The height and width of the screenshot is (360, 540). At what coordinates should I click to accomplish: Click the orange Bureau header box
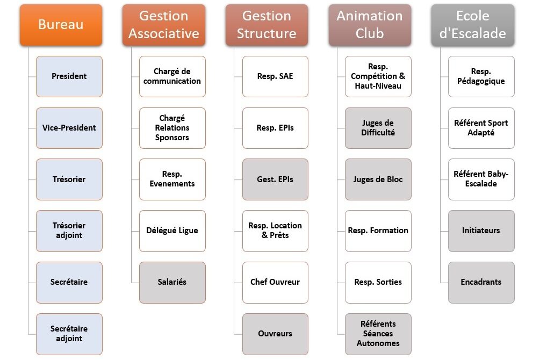(x=61, y=25)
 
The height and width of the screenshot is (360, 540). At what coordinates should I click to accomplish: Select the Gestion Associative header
(x=164, y=25)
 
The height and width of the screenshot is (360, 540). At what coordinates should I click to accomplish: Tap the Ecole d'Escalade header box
(x=473, y=25)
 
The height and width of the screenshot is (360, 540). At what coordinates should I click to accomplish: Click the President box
(x=69, y=76)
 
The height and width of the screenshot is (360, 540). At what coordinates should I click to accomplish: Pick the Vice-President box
(x=69, y=128)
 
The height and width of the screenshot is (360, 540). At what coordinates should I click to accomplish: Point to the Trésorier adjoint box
(x=69, y=231)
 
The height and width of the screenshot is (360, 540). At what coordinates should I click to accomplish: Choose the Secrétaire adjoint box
(x=69, y=334)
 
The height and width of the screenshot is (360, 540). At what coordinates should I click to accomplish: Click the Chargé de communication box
(x=172, y=76)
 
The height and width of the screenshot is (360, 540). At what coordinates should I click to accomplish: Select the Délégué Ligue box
(x=172, y=231)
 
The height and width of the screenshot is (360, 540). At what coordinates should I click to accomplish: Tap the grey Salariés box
(x=172, y=283)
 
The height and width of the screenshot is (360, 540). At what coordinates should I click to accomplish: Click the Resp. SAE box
(x=275, y=76)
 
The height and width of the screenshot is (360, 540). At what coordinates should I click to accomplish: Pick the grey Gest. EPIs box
(x=275, y=179)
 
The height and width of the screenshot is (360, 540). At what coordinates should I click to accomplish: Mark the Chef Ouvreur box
(x=275, y=283)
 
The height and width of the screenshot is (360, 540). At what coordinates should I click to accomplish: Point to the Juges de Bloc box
(x=378, y=179)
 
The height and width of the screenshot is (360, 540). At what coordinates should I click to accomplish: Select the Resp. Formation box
(x=378, y=231)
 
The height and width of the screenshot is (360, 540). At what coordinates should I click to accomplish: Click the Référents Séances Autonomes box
(x=378, y=334)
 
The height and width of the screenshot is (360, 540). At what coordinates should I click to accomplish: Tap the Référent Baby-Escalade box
(x=481, y=179)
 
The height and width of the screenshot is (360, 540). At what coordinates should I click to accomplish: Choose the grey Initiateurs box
(x=481, y=231)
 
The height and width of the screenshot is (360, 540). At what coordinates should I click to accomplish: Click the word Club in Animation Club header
(x=370, y=33)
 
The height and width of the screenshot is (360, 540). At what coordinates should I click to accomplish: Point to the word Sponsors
(x=172, y=138)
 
